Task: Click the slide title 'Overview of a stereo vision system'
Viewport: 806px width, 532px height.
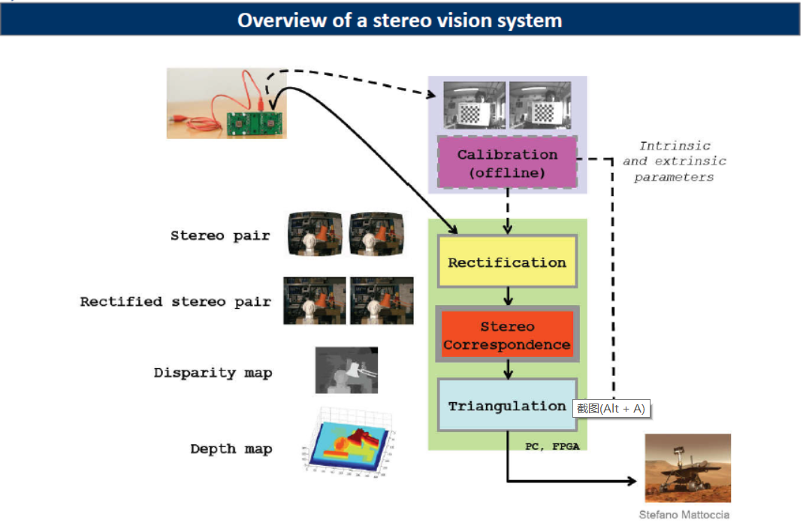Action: coord(400,20)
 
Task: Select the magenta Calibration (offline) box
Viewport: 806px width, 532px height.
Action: coord(507,163)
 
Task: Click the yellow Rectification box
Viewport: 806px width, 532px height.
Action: coord(507,262)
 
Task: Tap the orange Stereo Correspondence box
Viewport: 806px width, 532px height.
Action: coord(507,335)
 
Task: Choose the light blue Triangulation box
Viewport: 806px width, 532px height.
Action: coord(507,406)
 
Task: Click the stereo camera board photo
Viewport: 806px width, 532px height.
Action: coord(227,104)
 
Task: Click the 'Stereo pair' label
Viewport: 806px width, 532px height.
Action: coord(220,235)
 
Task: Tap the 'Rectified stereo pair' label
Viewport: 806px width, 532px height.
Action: coord(175,301)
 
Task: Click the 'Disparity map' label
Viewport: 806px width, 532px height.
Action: coord(213,373)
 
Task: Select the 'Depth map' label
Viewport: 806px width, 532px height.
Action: coord(231,449)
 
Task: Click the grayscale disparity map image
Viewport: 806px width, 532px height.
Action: coord(346,370)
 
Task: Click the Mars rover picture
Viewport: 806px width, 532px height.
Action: coord(687,467)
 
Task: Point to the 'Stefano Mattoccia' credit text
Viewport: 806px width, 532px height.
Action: coord(684,515)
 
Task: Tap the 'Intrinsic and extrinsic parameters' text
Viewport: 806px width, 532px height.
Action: coord(674,162)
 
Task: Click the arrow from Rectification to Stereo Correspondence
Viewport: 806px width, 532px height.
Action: coord(508,296)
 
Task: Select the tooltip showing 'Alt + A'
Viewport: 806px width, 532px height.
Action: coord(611,409)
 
